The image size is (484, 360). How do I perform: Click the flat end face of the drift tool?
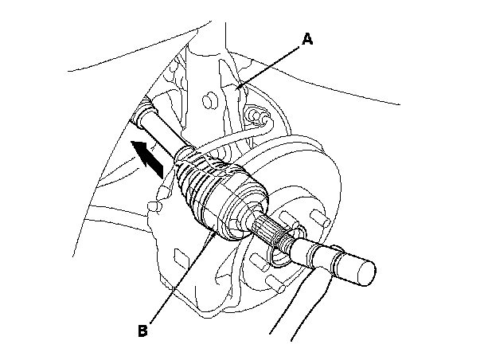pyautogui.click(x=364, y=272)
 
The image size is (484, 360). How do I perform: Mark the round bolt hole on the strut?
pyautogui.click(x=209, y=100)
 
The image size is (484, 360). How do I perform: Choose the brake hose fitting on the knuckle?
pyautogui.click(x=256, y=118)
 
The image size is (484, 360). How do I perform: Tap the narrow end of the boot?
pyautogui.click(x=188, y=154)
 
